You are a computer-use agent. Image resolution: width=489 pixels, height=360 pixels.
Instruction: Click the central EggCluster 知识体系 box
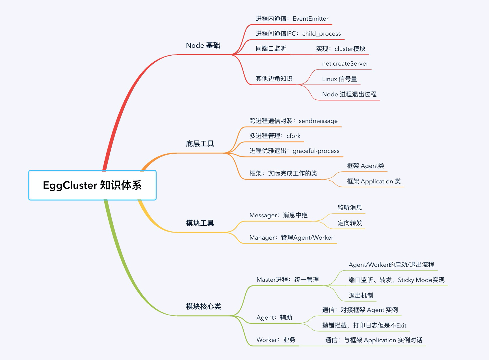(92, 185)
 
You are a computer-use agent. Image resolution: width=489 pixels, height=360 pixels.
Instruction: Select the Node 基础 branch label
(203, 45)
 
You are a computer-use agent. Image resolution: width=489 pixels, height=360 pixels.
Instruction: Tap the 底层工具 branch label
(200, 144)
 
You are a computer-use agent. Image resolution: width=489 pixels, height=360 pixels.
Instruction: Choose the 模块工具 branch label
(200, 223)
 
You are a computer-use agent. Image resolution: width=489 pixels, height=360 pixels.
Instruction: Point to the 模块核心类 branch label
(203, 306)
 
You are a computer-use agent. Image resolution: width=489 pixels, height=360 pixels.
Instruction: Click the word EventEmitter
(310, 19)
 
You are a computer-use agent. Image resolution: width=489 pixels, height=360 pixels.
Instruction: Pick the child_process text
(321, 34)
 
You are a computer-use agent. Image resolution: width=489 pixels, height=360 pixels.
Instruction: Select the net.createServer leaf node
(345, 64)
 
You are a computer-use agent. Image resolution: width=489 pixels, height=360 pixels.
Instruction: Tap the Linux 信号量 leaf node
(339, 79)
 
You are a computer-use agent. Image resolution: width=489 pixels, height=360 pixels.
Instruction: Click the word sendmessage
(318, 121)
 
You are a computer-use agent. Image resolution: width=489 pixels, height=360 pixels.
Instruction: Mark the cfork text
(293, 136)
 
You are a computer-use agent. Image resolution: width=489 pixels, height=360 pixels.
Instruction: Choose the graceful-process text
(316, 151)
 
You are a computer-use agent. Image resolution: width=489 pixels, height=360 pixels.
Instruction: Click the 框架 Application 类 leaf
(374, 181)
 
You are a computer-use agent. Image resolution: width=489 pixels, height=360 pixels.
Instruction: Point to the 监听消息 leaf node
(350, 208)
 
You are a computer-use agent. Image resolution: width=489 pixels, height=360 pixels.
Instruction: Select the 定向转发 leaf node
(350, 223)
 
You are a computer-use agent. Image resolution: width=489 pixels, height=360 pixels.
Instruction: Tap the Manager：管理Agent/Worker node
(291, 238)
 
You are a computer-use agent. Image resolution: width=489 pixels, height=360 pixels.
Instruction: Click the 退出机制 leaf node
(361, 296)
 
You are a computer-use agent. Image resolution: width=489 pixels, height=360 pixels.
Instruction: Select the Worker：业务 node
(276, 340)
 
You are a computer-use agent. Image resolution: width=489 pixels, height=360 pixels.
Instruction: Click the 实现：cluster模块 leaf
(341, 49)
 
